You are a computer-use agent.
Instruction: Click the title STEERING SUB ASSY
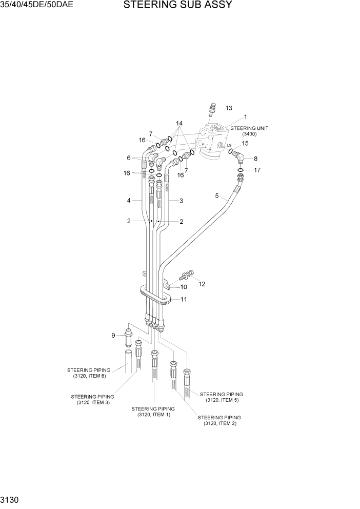[177, 6]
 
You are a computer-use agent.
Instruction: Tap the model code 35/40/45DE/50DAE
[37, 6]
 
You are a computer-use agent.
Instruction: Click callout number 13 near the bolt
[229, 108]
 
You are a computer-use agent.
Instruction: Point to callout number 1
[245, 117]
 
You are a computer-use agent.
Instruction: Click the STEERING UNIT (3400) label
[249, 131]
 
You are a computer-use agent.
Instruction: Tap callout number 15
[245, 144]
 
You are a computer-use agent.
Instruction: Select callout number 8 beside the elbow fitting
[255, 159]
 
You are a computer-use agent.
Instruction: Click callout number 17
[257, 170]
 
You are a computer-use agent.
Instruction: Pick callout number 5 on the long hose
[217, 195]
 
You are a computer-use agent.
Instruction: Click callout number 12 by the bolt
[202, 284]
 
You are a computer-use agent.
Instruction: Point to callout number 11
[183, 299]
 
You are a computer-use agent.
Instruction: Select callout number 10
[183, 287]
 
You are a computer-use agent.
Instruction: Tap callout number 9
[113, 336]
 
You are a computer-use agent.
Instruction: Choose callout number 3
[181, 201]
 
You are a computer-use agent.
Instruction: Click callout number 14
[179, 124]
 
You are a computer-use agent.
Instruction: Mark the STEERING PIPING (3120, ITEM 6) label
[89, 373]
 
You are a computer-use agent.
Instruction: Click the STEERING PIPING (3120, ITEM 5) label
[222, 397]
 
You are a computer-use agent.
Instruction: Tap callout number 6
[129, 158]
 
